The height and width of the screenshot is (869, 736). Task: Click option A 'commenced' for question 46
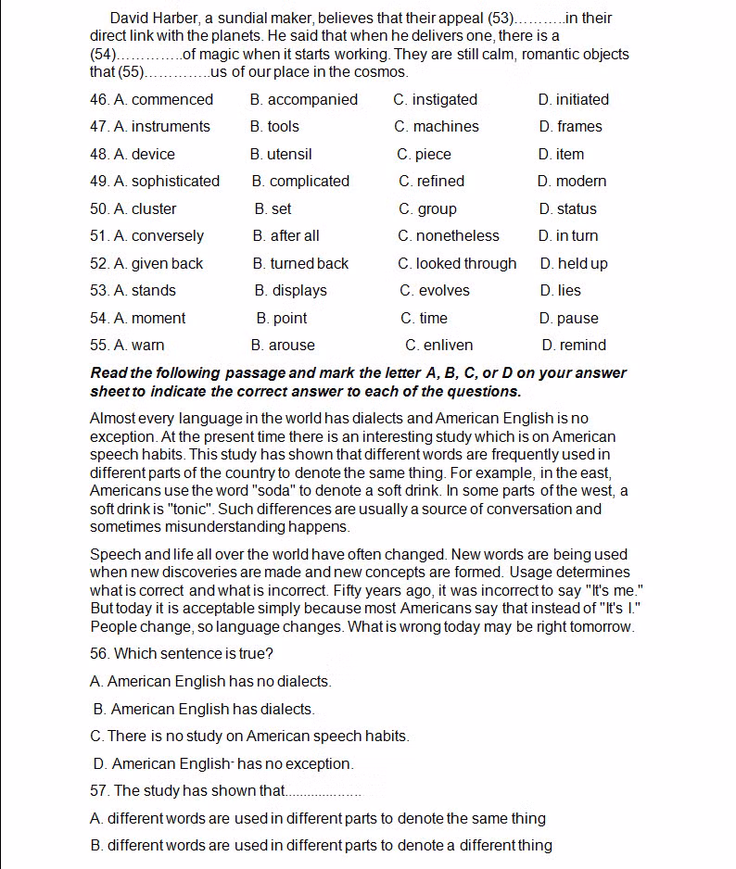point(163,99)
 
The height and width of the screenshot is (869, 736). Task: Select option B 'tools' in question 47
point(276,126)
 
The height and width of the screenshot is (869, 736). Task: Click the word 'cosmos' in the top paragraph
point(380,71)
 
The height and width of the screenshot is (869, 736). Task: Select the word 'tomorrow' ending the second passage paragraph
point(601,626)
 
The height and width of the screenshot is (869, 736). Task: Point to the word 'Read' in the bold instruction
point(108,372)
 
